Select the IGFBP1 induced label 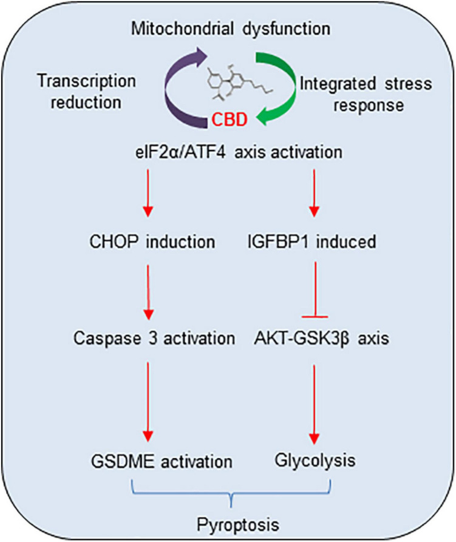point(313,242)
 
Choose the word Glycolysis point(314,460)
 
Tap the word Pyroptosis point(230,522)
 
